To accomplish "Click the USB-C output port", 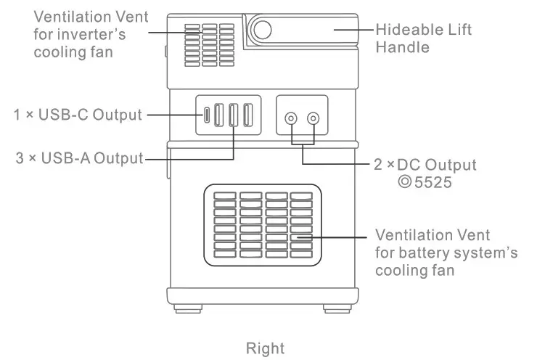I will click(206, 115).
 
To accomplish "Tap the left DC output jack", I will click(292, 118).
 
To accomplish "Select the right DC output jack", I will click(313, 118).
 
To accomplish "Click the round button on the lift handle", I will click(261, 30).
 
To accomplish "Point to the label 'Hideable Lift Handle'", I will click(424, 38).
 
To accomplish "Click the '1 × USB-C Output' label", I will click(77, 114).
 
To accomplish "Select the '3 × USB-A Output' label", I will click(80, 157).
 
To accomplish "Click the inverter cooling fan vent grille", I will click(209, 43).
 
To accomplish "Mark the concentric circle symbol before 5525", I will click(405, 182).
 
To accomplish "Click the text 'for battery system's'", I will click(446, 253).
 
